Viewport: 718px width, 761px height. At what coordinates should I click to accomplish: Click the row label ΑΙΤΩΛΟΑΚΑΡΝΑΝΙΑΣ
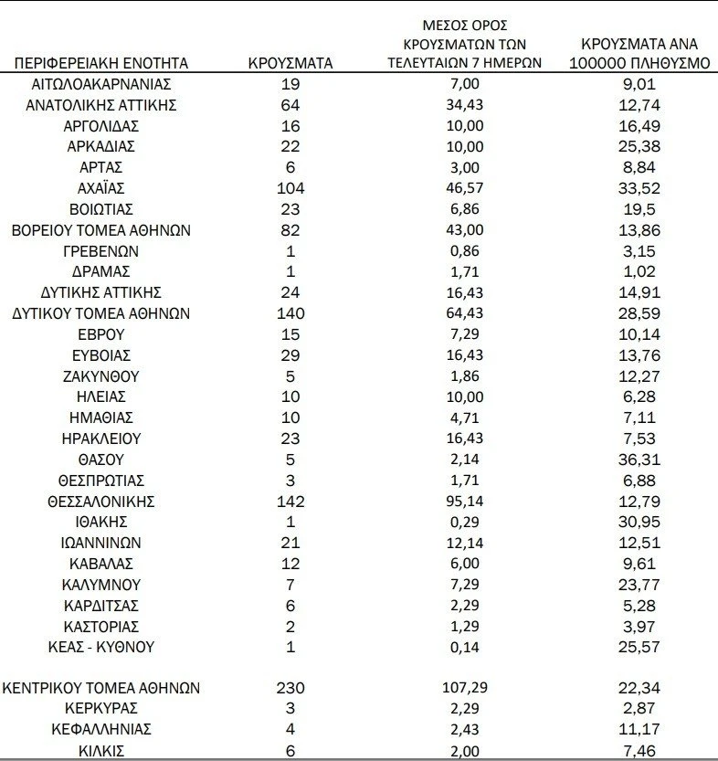(100, 84)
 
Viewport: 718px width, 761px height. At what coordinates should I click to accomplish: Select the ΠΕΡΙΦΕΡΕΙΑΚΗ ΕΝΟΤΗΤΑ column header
(100, 63)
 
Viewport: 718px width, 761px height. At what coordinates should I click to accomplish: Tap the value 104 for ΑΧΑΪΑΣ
(290, 188)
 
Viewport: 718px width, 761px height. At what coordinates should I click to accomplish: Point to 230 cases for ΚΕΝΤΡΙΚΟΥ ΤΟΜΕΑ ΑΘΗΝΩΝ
(290, 688)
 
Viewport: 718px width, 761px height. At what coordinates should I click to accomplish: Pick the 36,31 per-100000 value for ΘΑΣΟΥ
(646, 460)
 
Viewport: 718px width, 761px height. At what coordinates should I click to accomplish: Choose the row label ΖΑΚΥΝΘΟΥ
(100, 375)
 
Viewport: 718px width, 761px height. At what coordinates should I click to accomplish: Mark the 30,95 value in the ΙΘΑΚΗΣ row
(646, 522)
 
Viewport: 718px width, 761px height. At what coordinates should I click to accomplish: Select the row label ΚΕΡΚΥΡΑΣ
(100, 709)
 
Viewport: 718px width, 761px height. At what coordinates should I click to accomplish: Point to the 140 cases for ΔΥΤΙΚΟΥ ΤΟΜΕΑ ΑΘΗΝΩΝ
(290, 313)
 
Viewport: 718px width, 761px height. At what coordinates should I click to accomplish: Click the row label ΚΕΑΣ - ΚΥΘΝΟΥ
(100, 647)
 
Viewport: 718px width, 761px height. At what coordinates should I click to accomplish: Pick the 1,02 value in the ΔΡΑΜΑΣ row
(646, 271)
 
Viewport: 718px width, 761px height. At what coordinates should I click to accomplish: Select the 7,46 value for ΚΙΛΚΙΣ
(646, 751)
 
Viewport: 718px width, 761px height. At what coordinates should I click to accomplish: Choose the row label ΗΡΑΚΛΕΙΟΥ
(100, 439)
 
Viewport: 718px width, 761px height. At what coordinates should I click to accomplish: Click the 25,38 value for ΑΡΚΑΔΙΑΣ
(646, 146)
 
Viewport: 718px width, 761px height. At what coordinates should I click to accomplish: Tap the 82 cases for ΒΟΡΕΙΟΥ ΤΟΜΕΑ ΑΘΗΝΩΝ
(290, 230)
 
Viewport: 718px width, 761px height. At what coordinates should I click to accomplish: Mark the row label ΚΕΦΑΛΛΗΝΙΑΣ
(100, 729)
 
